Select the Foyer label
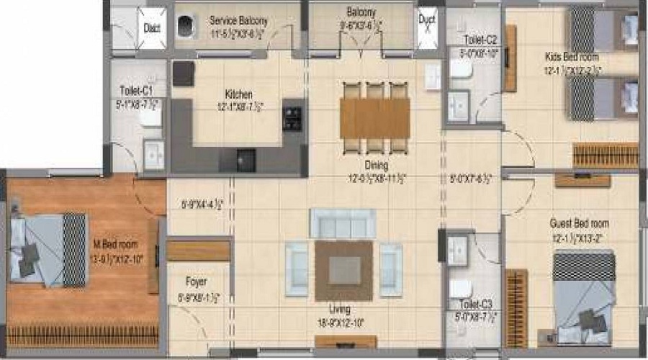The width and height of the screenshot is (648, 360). click(197, 282)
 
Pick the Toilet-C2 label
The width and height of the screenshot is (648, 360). click(481, 40)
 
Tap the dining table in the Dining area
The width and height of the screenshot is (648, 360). click(374, 117)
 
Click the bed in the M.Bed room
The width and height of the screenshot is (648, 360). click(48, 248)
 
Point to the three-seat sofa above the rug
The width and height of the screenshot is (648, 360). click(342, 223)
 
